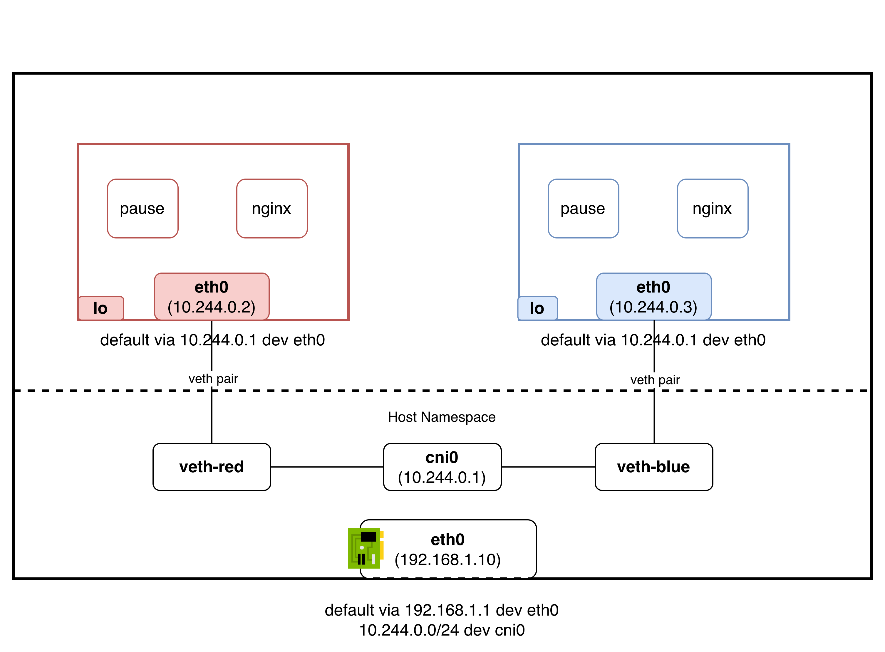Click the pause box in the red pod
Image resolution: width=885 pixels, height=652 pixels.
(143, 209)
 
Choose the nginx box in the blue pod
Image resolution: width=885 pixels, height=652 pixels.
(712, 209)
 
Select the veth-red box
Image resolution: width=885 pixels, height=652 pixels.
(212, 467)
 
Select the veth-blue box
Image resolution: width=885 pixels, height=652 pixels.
(654, 467)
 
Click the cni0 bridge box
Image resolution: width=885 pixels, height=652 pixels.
(442, 467)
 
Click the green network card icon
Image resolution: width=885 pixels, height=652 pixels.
(364, 548)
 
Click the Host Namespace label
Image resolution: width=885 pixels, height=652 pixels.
(441, 417)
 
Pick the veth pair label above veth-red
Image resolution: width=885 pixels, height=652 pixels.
(213, 379)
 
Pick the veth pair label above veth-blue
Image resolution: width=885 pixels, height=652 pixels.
(655, 380)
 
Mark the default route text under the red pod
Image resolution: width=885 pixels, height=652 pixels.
(212, 340)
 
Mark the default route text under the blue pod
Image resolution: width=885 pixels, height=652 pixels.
(653, 340)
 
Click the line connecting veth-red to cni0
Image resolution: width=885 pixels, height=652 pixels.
(327, 467)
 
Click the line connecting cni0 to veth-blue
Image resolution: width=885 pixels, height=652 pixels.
(548, 467)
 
